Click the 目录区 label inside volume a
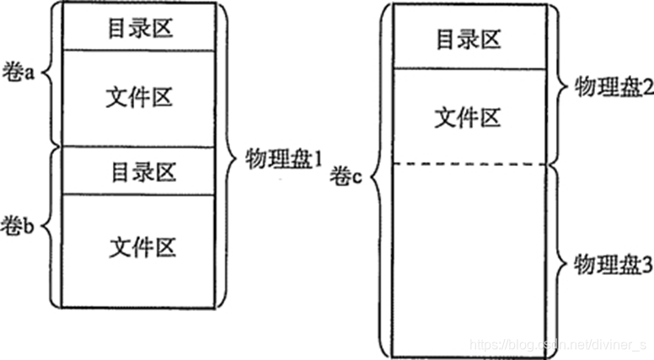142,27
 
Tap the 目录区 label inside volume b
142,172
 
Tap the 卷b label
19,225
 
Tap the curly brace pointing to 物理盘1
229,156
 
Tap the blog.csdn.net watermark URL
557,345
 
